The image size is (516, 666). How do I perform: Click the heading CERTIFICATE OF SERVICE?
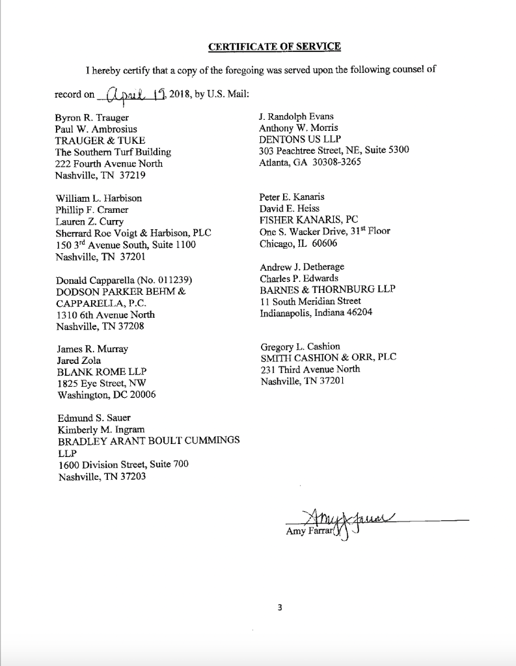point(274,46)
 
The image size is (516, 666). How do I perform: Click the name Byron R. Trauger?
point(92,118)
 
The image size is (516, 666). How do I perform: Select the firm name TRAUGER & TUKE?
point(100,141)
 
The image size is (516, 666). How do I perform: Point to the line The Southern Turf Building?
point(113,152)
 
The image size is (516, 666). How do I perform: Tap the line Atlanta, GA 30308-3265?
point(310,162)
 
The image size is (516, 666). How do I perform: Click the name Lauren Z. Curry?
point(90,221)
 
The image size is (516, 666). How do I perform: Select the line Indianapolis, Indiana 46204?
point(316,312)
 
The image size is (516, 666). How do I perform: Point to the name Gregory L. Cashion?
point(300,346)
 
